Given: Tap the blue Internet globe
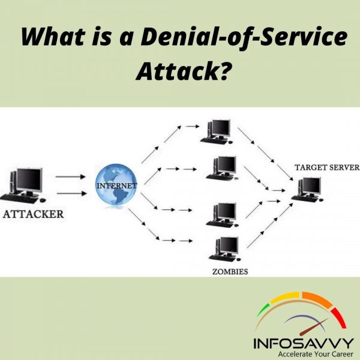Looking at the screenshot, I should click(116, 187).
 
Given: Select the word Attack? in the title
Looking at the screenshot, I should click(182, 71).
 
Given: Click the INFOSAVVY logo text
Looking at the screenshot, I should click(302, 343).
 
